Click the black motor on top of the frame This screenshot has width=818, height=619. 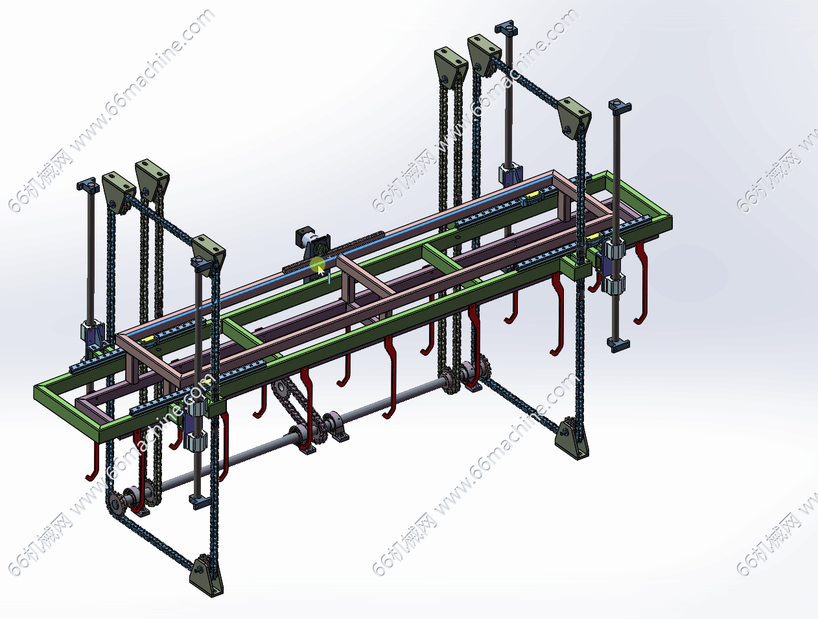coord(313,242)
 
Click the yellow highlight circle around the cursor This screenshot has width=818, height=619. coord(318,265)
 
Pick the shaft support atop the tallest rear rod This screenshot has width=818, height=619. coord(506,29)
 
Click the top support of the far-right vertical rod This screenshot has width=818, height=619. coord(620,106)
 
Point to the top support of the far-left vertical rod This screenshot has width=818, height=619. coord(88,185)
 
